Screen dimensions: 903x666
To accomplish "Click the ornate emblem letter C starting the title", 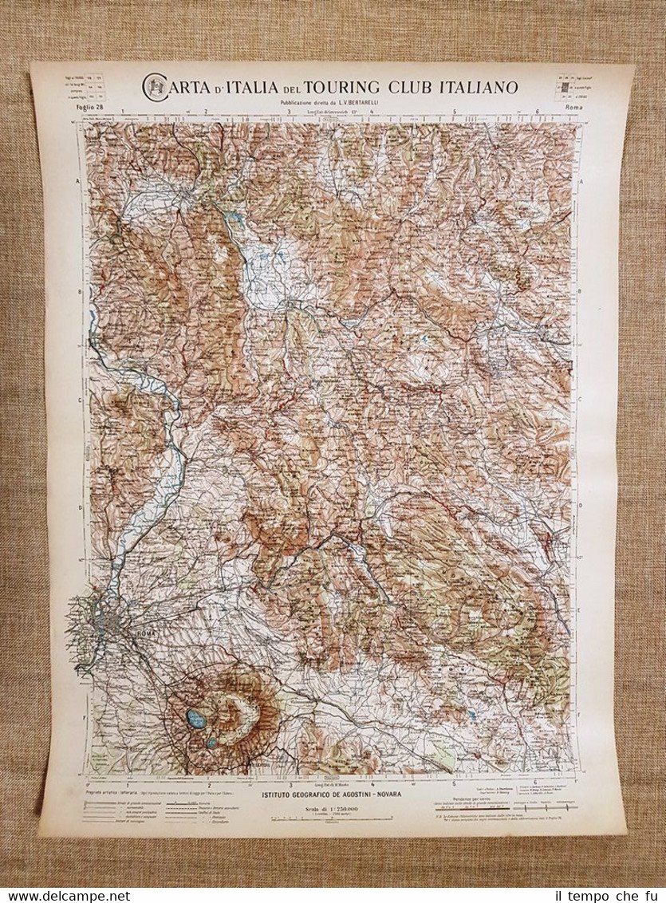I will coord(155,87).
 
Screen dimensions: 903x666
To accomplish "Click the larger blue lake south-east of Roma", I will coord(195,719).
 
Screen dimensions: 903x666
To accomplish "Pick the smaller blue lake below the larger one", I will coord(211,742).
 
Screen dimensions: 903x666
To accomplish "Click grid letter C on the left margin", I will coord(78,401).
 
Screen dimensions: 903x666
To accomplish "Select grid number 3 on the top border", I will coord(288,112).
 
